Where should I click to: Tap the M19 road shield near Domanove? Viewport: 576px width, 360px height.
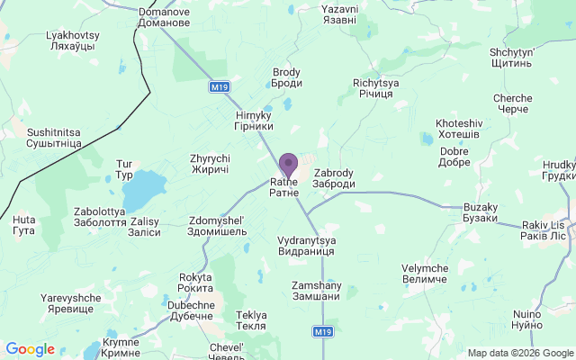[x=220, y=87]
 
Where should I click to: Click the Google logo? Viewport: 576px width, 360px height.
[x=30, y=349]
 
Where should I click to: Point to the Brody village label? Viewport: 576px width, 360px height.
[x=287, y=77]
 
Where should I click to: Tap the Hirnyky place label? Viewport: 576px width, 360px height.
[x=254, y=121]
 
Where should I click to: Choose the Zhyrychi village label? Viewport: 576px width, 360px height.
[x=210, y=164]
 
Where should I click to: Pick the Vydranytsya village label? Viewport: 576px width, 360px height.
[x=306, y=247]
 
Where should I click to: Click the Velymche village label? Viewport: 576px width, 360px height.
[x=424, y=274]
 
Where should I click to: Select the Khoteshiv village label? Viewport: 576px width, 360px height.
[x=459, y=129]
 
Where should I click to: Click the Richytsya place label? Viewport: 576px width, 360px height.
[x=375, y=87]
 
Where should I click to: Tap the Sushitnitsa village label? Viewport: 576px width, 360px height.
[x=55, y=138]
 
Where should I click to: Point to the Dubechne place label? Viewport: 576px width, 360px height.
[x=191, y=310]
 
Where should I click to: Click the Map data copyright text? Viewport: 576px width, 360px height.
[x=520, y=353]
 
